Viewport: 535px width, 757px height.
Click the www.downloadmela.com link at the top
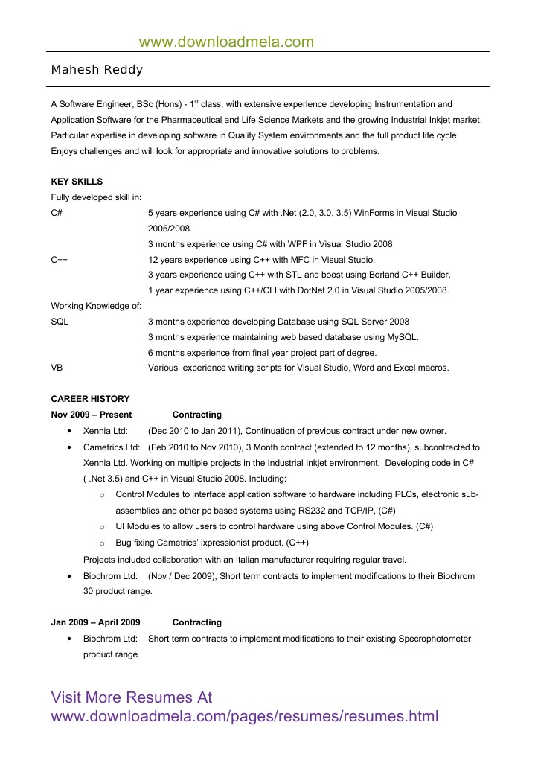click(x=226, y=42)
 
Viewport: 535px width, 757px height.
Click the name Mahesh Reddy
click(x=97, y=70)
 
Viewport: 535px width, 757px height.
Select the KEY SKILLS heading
click(x=77, y=182)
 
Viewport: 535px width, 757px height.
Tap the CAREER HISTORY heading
click(x=90, y=399)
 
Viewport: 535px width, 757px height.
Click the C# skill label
click(x=57, y=213)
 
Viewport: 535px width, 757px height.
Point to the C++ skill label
click(x=60, y=260)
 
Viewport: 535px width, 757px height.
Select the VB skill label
click(x=57, y=368)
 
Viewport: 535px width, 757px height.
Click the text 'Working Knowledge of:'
click(x=96, y=306)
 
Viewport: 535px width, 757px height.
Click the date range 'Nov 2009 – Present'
click(x=92, y=415)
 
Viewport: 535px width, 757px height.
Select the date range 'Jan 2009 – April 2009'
click(x=95, y=622)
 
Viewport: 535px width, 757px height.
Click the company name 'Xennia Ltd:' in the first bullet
click(x=106, y=431)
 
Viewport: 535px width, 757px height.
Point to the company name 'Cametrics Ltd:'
click(x=112, y=447)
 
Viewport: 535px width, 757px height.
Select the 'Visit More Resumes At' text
click(x=132, y=697)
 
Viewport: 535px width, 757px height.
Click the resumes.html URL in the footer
click(x=244, y=717)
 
